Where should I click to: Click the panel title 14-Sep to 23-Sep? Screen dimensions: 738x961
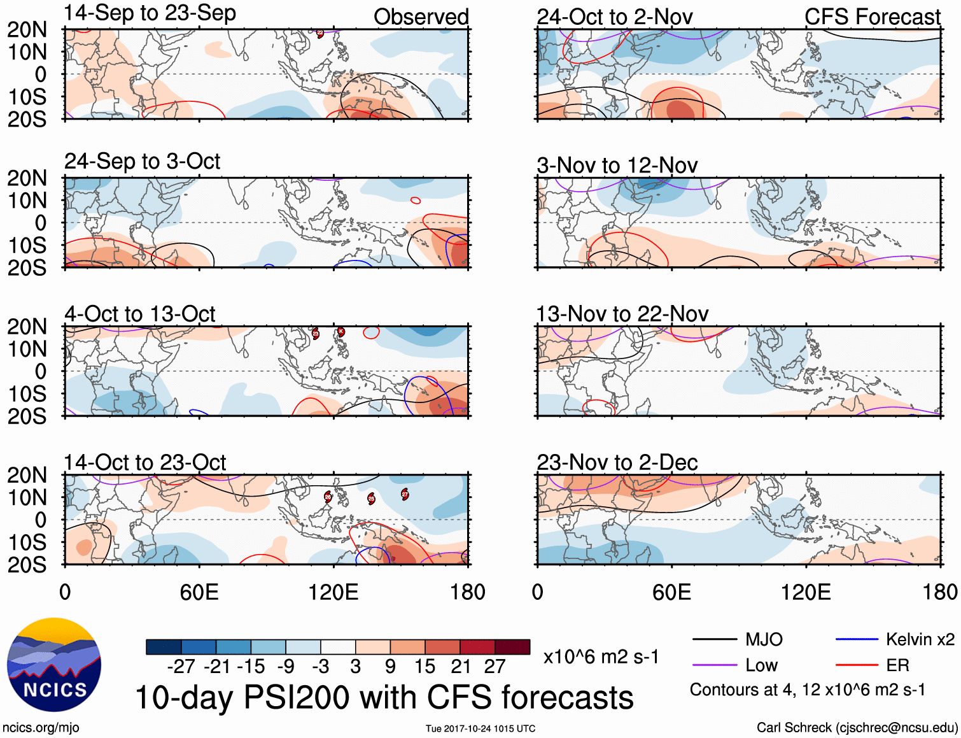pyautogui.click(x=150, y=13)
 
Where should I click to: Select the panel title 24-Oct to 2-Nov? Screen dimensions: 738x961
pyautogui.click(x=614, y=17)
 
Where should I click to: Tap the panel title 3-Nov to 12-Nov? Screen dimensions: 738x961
pyautogui.click(x=617, y=166)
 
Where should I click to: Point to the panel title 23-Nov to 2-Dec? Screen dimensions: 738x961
pyautogui.click(x=617, y=462)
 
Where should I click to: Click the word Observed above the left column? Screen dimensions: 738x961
pyautogui.click(x=421, y=17)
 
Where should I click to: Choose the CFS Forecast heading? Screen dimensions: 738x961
pyautogui.click(x=872, y=17)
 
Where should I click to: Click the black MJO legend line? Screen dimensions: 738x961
pyautogui.click(x=714, y=639)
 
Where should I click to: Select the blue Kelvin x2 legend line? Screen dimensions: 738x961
pyautogui.click(x=857, y=639)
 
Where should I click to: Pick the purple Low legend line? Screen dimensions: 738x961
pyautogui.click(x=714, y=665)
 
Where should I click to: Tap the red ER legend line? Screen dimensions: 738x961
pyautogui.click(x=857, y=665)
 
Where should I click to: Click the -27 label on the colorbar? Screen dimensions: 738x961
pyautogui.click(x=181, y=667)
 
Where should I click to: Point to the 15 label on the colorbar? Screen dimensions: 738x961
pyautogui.click(x=425, y=667)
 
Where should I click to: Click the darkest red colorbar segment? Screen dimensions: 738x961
pyautogui.click(x=512, y=647)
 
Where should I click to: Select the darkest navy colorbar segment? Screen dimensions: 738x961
pyautogui.click(x=164, y=647)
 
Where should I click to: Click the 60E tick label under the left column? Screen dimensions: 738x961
pyautogui.click(x=199, y=592)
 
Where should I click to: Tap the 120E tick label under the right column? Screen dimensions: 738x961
pyautogui.click(x=806, y=592)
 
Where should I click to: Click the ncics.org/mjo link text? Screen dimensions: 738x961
pyautogui.click(x=41, y=727)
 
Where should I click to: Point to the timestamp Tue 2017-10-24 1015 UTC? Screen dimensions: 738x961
pyautogui.click(x=481, y=728)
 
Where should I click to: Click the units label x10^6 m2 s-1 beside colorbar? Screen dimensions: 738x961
pyautogui.click(x=601, y=656)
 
